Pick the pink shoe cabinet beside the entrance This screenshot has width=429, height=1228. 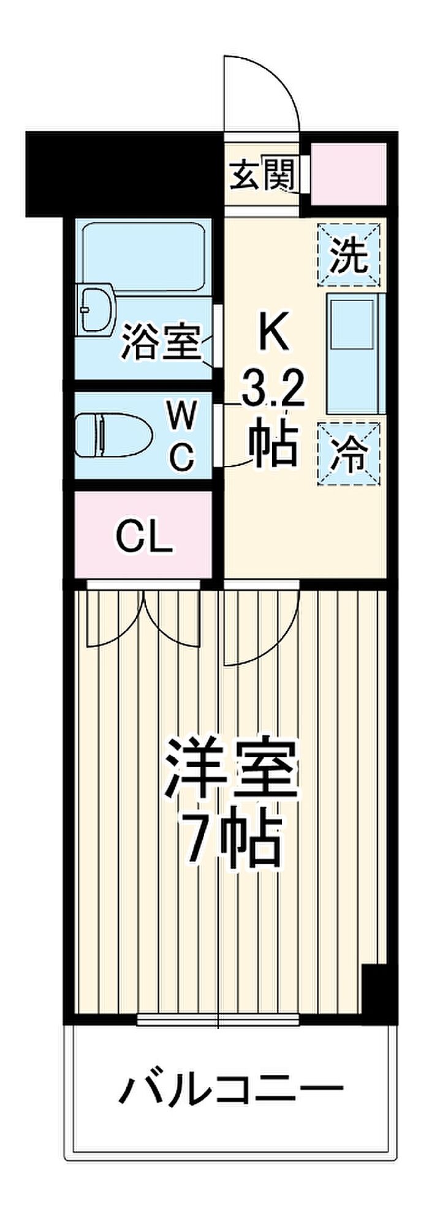[348, 174]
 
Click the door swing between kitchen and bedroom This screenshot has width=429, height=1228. [260, 624]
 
